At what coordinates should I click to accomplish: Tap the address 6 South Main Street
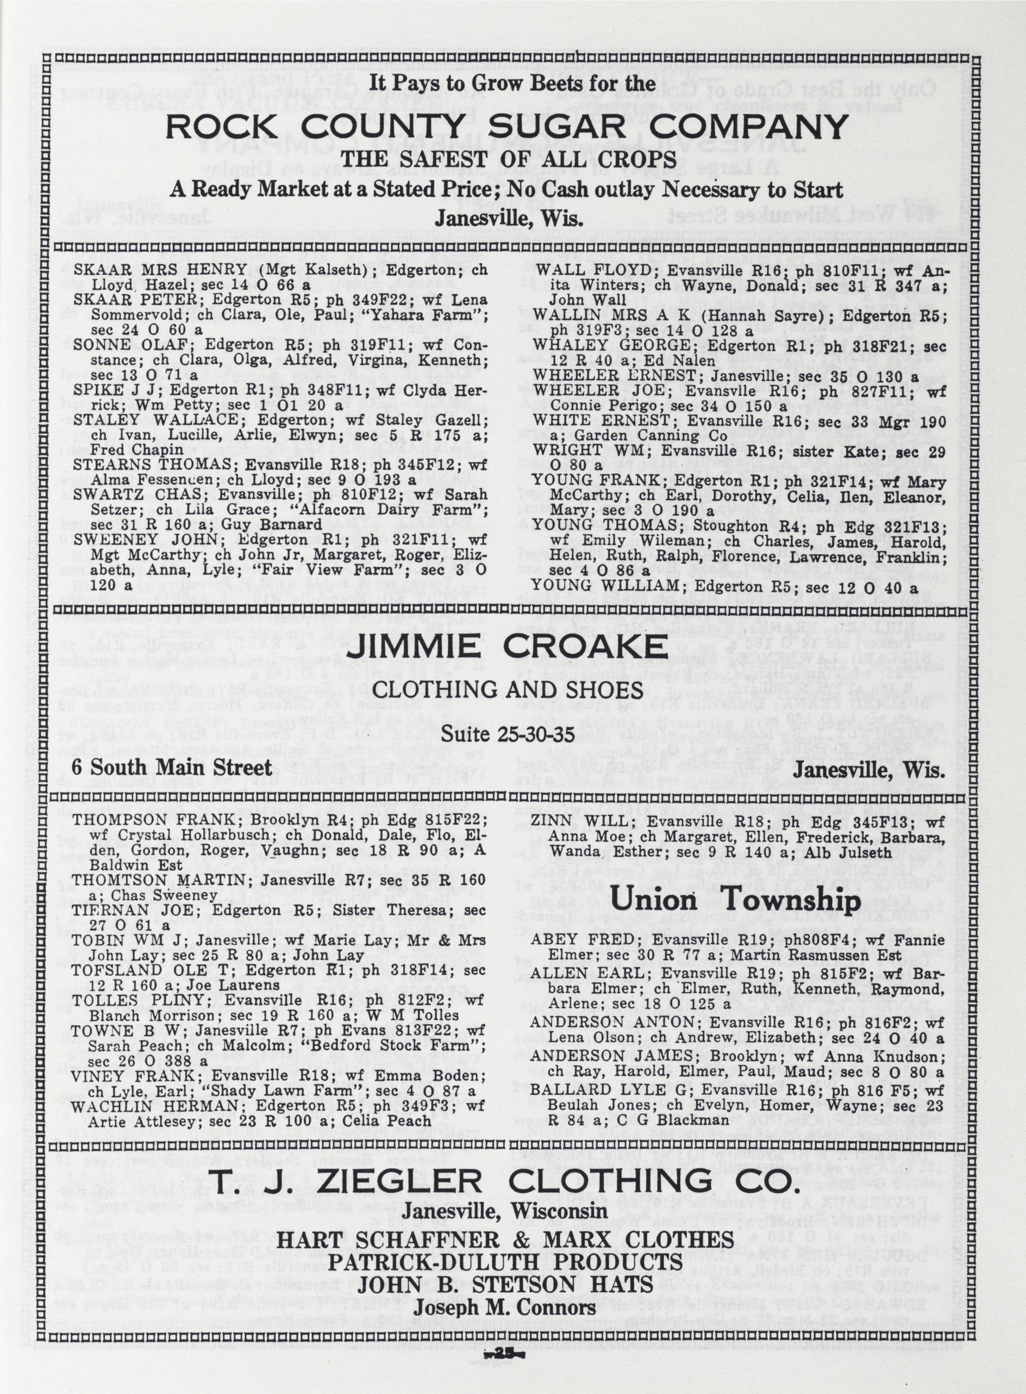171,767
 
